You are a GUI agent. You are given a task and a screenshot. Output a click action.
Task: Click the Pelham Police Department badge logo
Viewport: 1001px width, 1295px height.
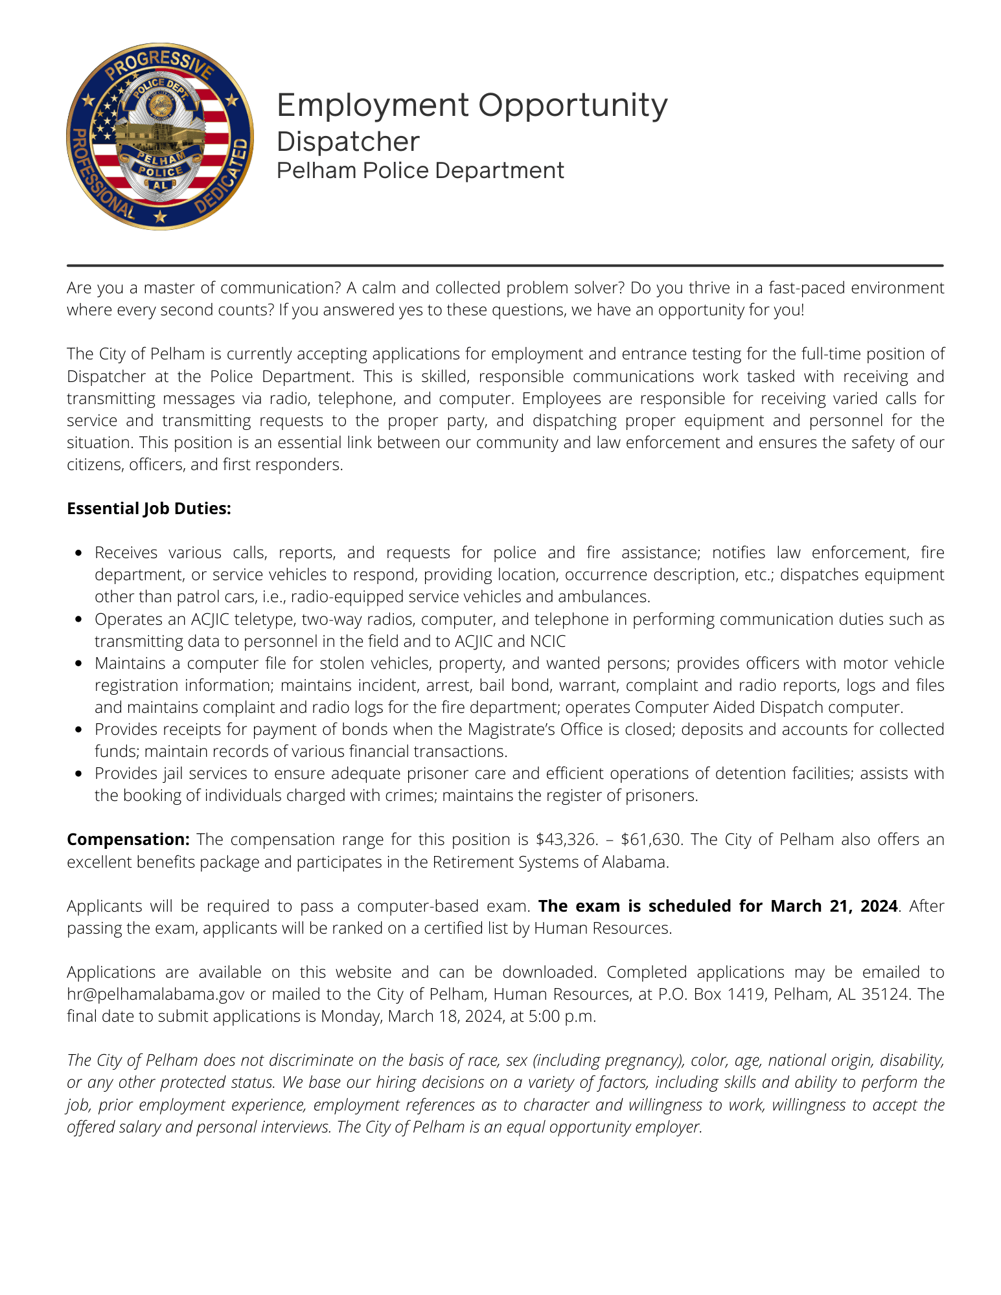[160, 137]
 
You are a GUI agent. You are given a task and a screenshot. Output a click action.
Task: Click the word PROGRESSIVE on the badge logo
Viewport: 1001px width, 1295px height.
[159, 64]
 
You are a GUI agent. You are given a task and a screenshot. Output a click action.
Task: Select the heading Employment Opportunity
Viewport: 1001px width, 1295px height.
[472, 105]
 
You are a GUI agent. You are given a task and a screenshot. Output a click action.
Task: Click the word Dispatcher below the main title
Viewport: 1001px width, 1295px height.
[348, 141]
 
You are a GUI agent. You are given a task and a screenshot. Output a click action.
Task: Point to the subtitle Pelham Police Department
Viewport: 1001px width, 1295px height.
[420, 170]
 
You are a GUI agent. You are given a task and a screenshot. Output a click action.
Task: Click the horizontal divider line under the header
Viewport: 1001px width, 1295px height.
[505, 265]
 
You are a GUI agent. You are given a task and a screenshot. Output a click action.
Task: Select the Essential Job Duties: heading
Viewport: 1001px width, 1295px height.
[149, 508]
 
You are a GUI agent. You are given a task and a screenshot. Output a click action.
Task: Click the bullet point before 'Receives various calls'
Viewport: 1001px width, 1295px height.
[78, 553]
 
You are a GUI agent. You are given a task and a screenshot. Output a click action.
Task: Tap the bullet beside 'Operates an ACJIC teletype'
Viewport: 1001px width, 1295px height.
[78, 620]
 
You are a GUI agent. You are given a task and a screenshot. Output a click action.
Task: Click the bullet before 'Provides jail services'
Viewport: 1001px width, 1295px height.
[78, 774]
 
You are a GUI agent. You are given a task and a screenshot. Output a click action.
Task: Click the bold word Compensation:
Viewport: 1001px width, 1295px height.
[128, 839]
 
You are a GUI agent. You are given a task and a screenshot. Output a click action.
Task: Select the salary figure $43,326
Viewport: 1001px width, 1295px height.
[566, 839]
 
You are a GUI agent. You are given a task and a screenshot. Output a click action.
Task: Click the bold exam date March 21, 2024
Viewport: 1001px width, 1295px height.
[834, 906]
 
